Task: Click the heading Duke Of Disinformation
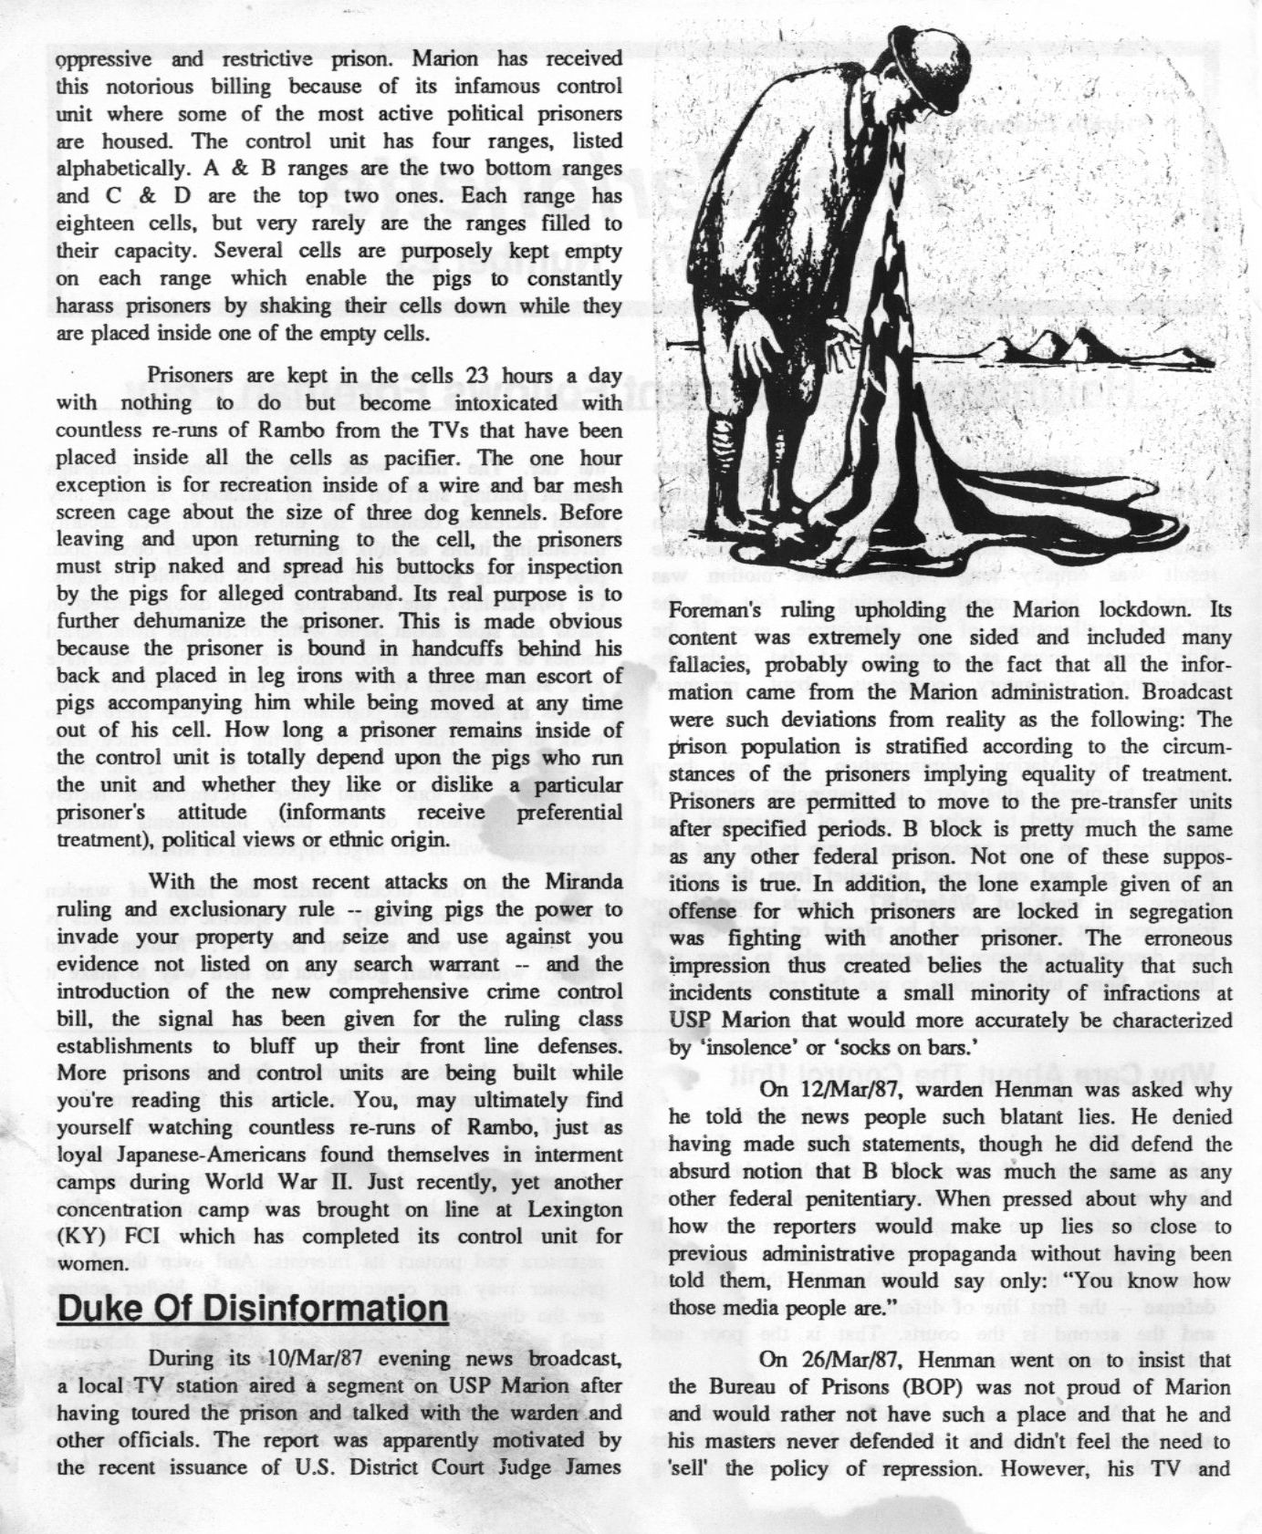252,1309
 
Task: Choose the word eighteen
93,223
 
